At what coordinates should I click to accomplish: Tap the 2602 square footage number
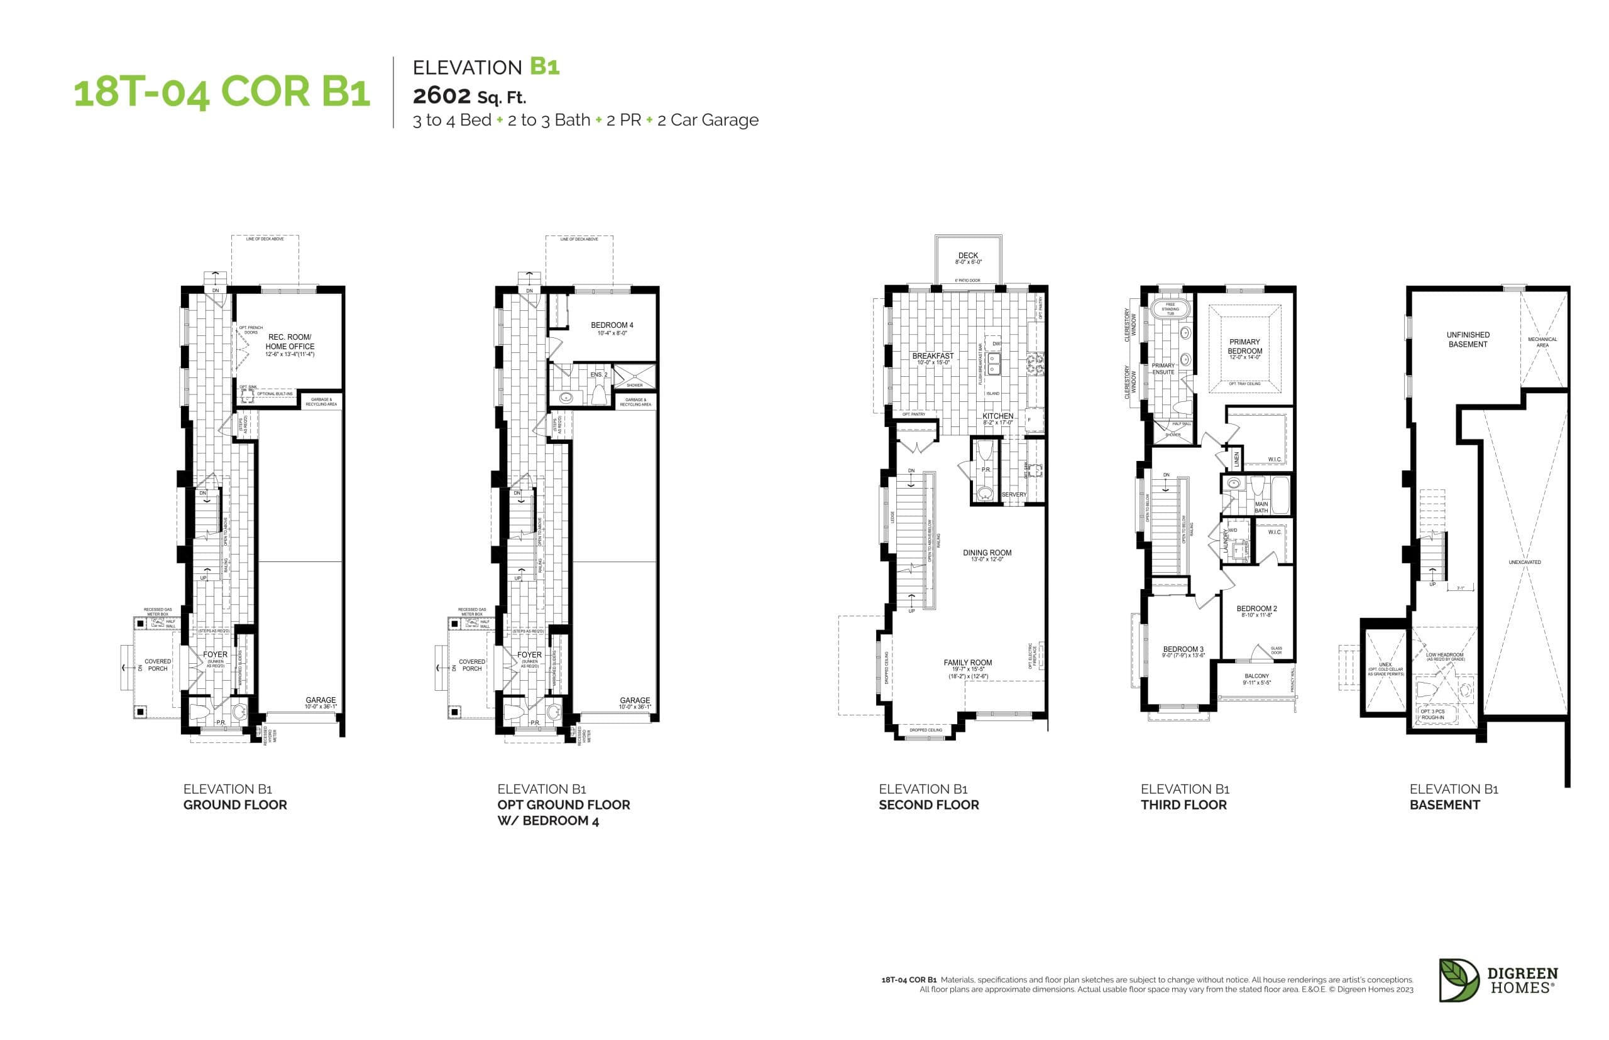(441, 96)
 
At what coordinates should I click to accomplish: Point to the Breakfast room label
(932, 356)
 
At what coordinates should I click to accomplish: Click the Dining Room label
(987, 553)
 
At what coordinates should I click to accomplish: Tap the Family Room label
(967, 663)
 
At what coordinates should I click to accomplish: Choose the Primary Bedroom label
(1244, 347)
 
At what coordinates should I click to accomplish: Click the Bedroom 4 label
(612, 325)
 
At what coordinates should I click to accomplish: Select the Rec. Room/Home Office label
(289, 342)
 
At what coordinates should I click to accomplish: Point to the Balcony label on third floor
(1256, 676)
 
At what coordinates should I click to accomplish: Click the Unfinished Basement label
(1467, 339)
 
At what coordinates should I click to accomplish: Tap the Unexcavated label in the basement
(1524, 562)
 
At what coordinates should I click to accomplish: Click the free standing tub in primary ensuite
(1170, 308)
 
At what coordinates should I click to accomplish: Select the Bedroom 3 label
(1183, 649)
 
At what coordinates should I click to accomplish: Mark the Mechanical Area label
(1542, 342)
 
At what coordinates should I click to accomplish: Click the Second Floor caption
(928, 804)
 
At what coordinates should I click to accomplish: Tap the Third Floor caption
(1183, 804)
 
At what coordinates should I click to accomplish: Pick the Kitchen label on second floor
(997, 416)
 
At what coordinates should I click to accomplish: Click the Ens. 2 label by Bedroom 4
(598, 375)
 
